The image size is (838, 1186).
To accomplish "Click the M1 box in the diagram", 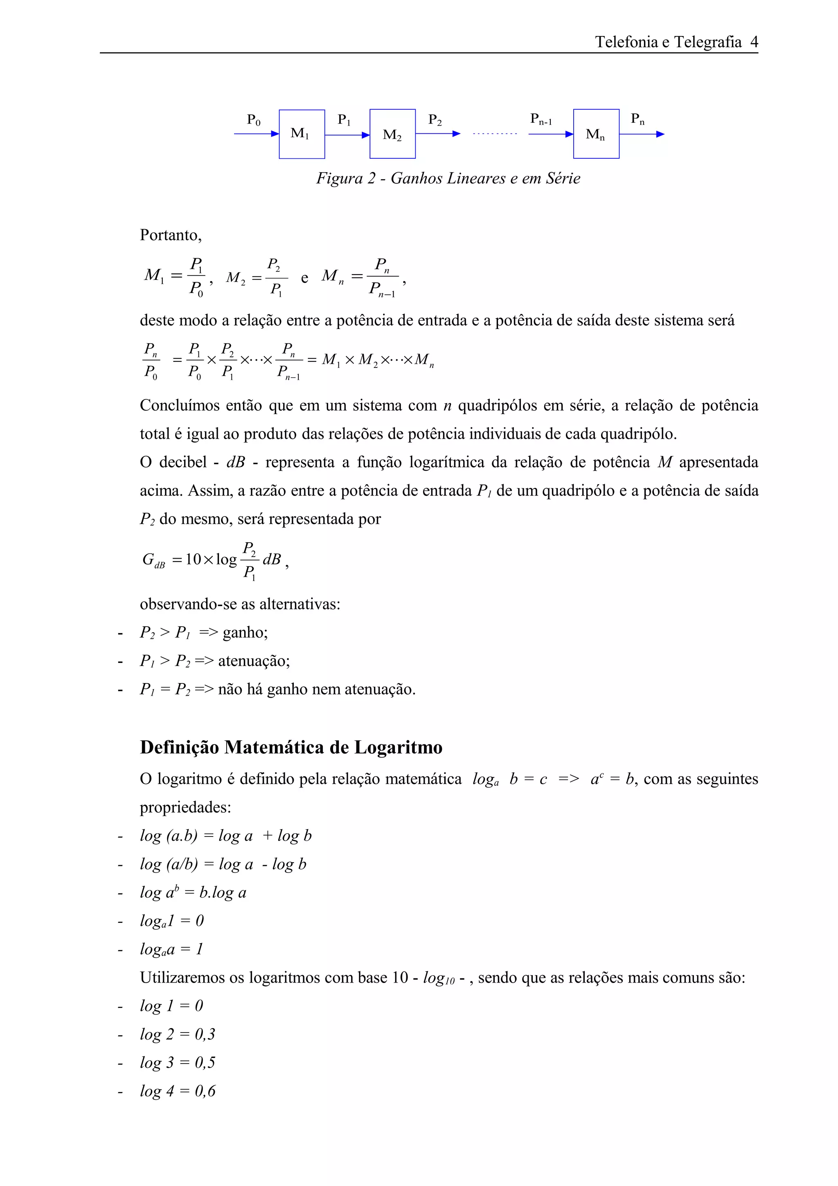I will click(302, 134).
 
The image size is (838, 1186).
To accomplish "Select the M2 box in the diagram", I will click(392, 134).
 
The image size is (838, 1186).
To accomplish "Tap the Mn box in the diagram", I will click(596, 134).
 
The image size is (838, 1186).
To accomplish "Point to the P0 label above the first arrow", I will click(254, 120).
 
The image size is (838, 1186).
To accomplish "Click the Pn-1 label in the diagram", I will click(541, 120).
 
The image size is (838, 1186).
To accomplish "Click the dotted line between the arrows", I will click(495, 134).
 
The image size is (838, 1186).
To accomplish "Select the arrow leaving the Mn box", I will click(641, 134).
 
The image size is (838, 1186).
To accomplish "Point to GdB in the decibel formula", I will click(153, 560).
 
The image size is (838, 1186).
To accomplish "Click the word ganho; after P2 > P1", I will click(245, 632).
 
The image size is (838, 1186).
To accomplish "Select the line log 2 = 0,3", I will click(177, 1034).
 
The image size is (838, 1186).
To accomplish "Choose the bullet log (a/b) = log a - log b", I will click(223, 864).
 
